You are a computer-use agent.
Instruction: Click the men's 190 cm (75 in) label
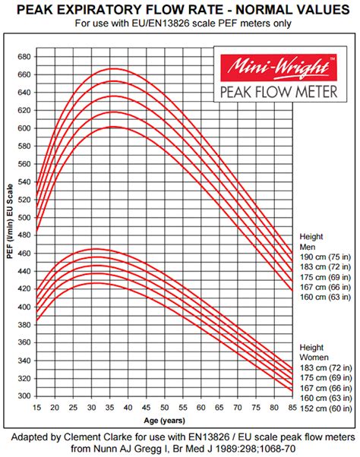point(326,257)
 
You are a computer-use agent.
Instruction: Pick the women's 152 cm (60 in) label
point(326,408)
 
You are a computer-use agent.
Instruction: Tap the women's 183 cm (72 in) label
point(326,367)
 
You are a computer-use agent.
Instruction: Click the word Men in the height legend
point(308,247)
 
